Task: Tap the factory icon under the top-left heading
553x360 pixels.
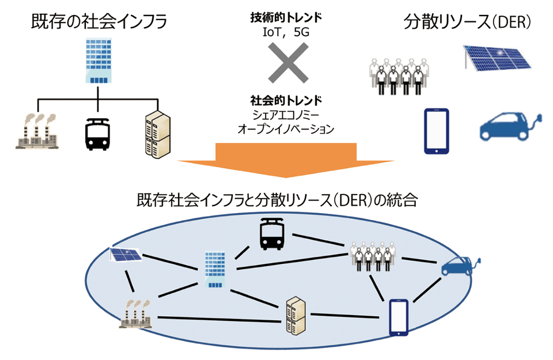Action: point(38,132)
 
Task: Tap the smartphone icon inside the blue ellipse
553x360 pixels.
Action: point(399,317)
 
